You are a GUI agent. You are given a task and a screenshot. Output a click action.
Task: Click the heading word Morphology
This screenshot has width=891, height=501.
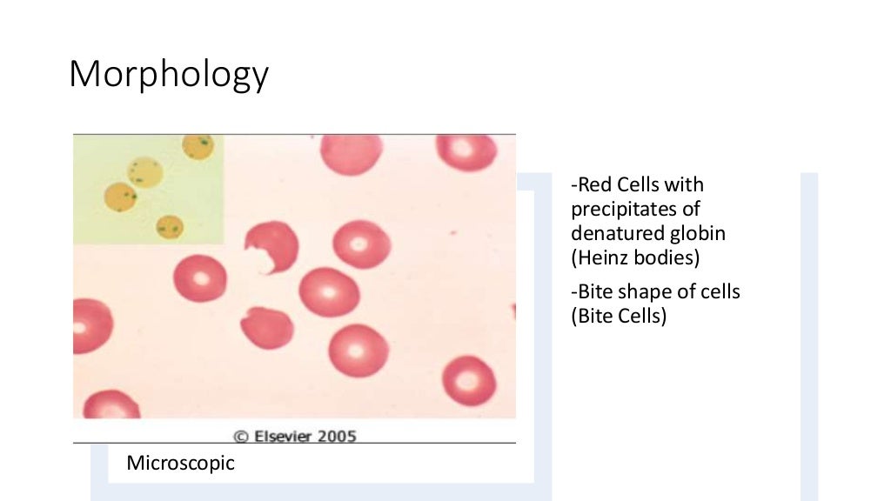(x=169, y=76)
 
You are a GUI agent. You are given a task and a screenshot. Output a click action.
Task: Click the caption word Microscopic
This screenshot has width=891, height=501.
(x=181, y=463)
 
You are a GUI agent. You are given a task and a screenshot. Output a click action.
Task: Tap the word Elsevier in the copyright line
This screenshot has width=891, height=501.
(x=285, y=437)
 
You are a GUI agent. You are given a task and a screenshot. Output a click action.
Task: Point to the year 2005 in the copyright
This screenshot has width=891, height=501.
(x=338, y=437)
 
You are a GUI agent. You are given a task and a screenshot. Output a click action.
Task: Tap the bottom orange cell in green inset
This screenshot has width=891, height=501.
(x=170, y=226)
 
